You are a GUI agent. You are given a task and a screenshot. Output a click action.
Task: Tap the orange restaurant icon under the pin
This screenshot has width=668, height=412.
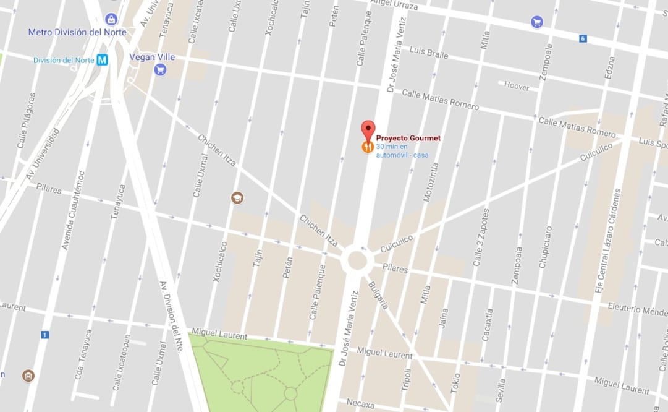pos(368,147)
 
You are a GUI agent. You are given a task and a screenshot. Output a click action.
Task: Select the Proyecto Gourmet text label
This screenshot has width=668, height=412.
pos(408,138)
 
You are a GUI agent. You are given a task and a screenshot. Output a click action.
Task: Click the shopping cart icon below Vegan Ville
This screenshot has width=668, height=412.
pos(161,70)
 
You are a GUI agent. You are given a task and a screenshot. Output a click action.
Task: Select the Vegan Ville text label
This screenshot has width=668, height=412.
pos(152,57)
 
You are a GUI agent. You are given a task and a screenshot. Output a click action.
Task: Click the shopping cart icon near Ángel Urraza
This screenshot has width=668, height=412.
pos(536,22)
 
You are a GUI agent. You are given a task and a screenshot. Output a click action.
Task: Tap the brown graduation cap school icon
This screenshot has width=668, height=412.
pos(237,198)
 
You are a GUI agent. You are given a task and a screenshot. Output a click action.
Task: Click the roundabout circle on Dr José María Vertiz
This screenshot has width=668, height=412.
pos(357,260)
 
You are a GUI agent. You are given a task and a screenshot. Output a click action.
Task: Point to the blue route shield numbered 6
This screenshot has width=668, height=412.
pos(582,38)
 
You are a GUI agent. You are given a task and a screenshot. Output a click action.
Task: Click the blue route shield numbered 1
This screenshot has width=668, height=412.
pos(44,335)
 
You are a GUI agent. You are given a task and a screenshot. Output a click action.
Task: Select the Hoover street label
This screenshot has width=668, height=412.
pos(517,87)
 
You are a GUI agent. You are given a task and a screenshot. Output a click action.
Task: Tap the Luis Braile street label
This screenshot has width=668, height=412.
pos(429,53)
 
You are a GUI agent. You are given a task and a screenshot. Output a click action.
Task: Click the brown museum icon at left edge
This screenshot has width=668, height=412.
pos(28,376)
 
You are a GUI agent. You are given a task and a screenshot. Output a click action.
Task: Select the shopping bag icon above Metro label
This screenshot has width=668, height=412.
pos(111,19)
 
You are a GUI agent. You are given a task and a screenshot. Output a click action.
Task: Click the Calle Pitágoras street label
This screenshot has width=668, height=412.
pos(27,121)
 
